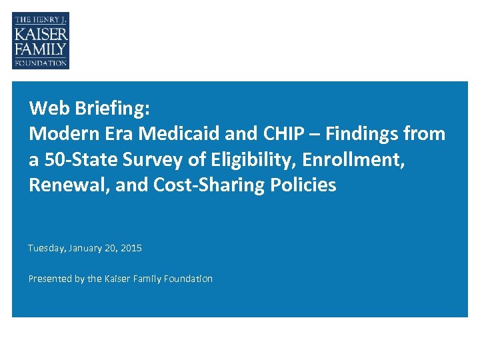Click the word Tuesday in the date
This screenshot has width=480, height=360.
tap(46, 248)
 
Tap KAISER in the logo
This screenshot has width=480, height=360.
tap(41, 33)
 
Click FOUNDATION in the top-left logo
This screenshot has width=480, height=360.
tap(41, 63)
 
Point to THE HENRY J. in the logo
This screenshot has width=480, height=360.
tap(41, 20)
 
